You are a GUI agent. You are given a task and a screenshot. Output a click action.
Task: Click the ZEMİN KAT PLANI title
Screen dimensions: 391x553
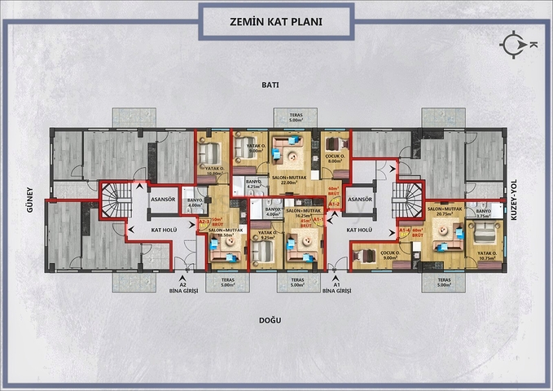coord(276,20)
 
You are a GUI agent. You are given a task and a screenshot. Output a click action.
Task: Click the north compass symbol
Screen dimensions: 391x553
coord(515,44)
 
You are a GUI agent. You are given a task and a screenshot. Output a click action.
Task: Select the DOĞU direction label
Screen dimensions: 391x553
coord(270,319)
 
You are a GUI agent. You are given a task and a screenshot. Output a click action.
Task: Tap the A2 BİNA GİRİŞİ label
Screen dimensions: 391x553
coord(178,286)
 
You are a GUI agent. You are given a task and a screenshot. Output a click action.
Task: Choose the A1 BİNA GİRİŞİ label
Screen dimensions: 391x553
coord(336,286)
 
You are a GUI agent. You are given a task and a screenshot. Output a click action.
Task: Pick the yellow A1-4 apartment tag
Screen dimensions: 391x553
coord(405,231)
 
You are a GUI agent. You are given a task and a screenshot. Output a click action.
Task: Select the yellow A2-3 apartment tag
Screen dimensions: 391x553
coord(204,222)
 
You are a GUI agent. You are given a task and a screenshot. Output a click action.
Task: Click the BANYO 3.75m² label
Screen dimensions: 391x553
coord(484,214)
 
